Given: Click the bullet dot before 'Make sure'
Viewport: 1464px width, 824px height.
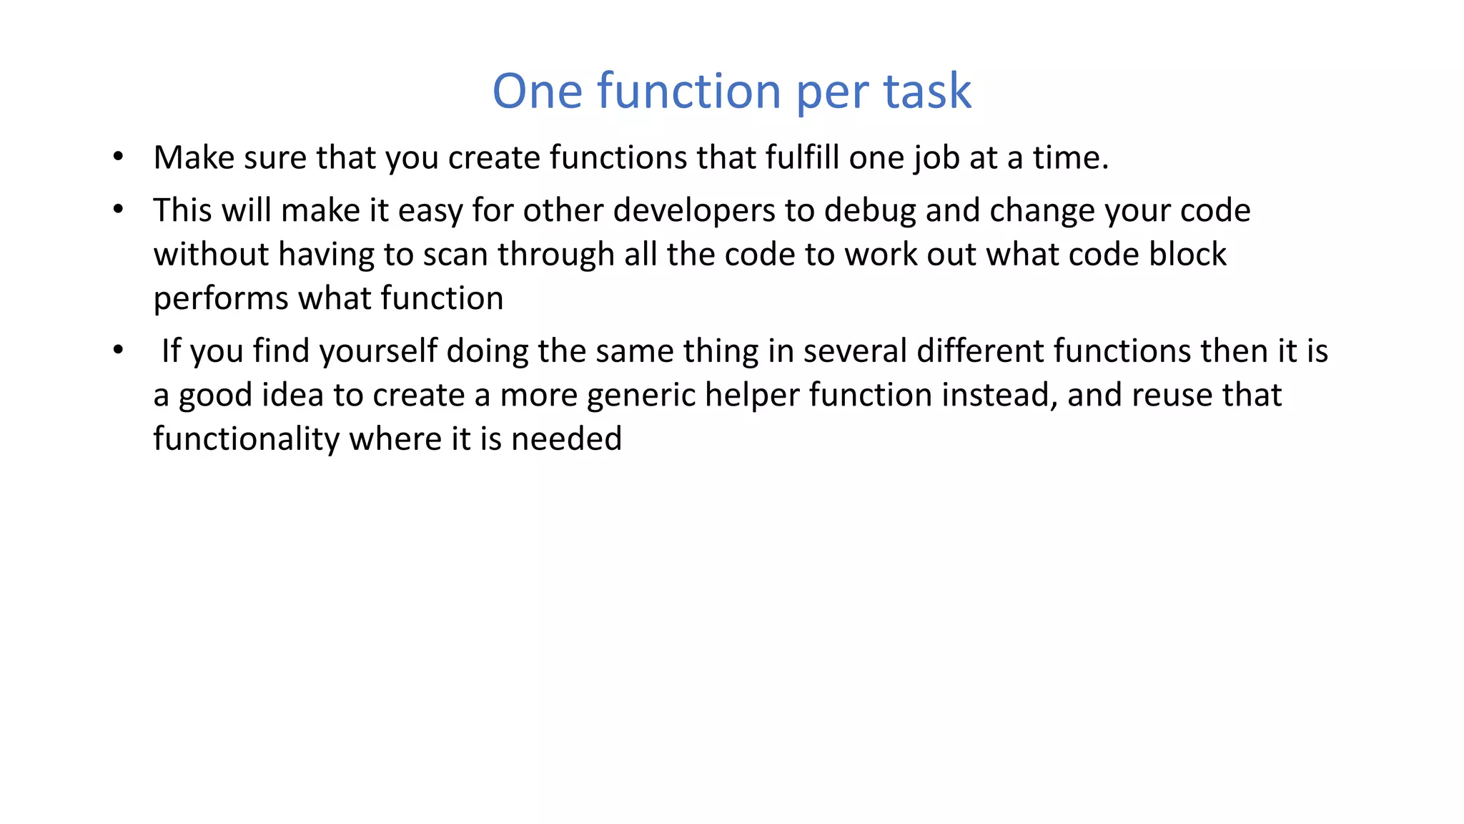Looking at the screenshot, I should click(119, 157).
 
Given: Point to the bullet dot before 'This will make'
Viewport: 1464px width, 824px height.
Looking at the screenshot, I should click(119, 210).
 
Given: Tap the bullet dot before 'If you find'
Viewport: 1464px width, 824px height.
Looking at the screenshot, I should click(119, 350).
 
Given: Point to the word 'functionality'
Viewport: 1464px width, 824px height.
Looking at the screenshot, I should click(247, 439).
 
